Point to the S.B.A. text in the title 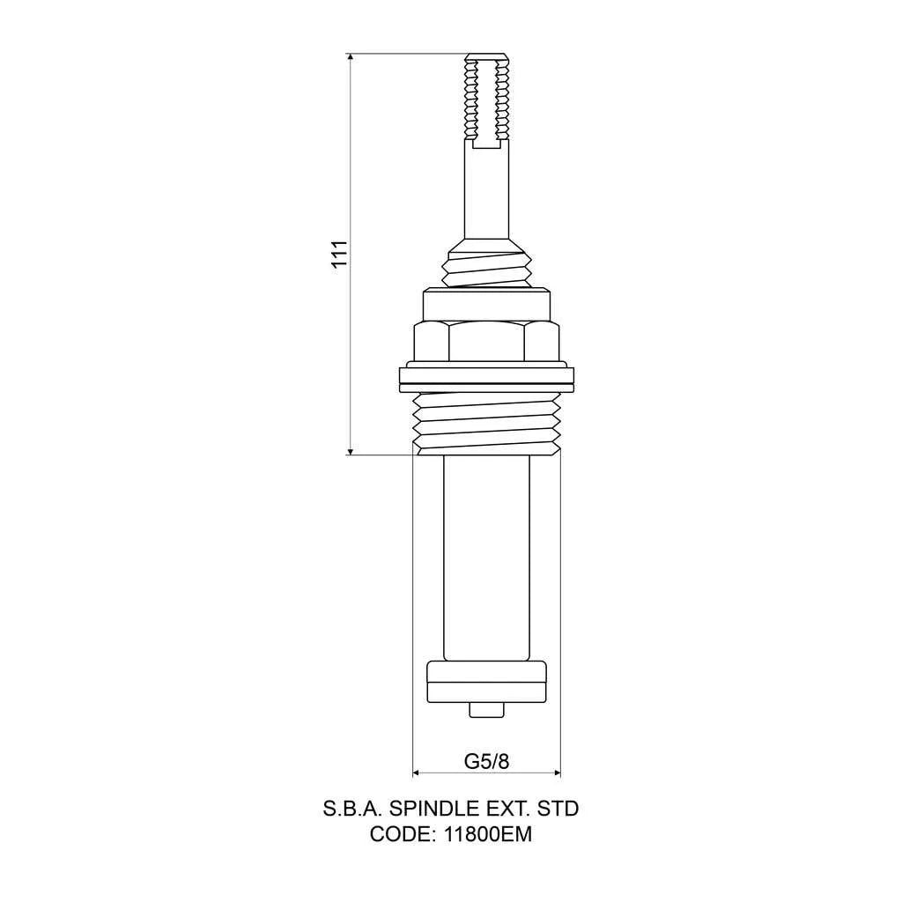click(x=352, y=808)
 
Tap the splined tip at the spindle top click(x=486, y=97)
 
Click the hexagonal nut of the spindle click(x=486, y=342)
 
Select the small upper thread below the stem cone click(x=486, y=270)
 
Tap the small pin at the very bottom click(x=486, y=710)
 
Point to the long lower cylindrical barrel click(x=486, y=555)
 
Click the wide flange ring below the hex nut click(x=486, y=379)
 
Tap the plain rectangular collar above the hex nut click(x=486, y=305)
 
